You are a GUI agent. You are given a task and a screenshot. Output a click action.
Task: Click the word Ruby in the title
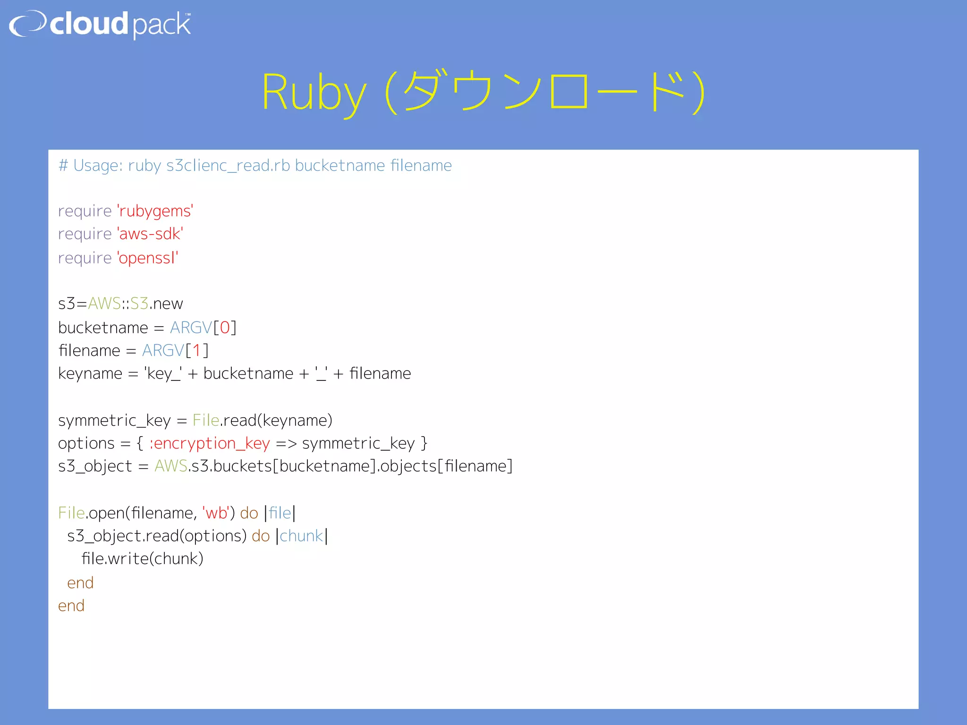(x=314, y=93)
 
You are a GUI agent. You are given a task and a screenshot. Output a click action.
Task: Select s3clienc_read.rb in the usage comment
(x=228, y=166)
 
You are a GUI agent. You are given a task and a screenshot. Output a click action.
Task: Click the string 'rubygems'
(x=155, y=211)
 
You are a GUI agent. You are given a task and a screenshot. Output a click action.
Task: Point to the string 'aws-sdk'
(x=150, y=234)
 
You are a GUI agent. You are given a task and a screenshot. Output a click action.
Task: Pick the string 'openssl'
(x=147, y=258)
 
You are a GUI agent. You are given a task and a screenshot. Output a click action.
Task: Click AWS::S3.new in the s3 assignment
(x=136, y=303)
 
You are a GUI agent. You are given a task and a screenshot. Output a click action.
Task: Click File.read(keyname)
(x=262, y=420)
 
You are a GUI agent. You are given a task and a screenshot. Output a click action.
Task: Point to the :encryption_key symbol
(x=210, y=443)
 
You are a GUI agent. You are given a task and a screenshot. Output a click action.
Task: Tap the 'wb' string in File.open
(x=216, y=513)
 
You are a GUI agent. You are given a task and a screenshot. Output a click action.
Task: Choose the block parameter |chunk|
(x=302, y=536)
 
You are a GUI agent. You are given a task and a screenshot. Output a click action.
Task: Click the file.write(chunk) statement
(x=142, y=559)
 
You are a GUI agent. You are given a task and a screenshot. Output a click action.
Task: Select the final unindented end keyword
(x=71, y=606)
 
